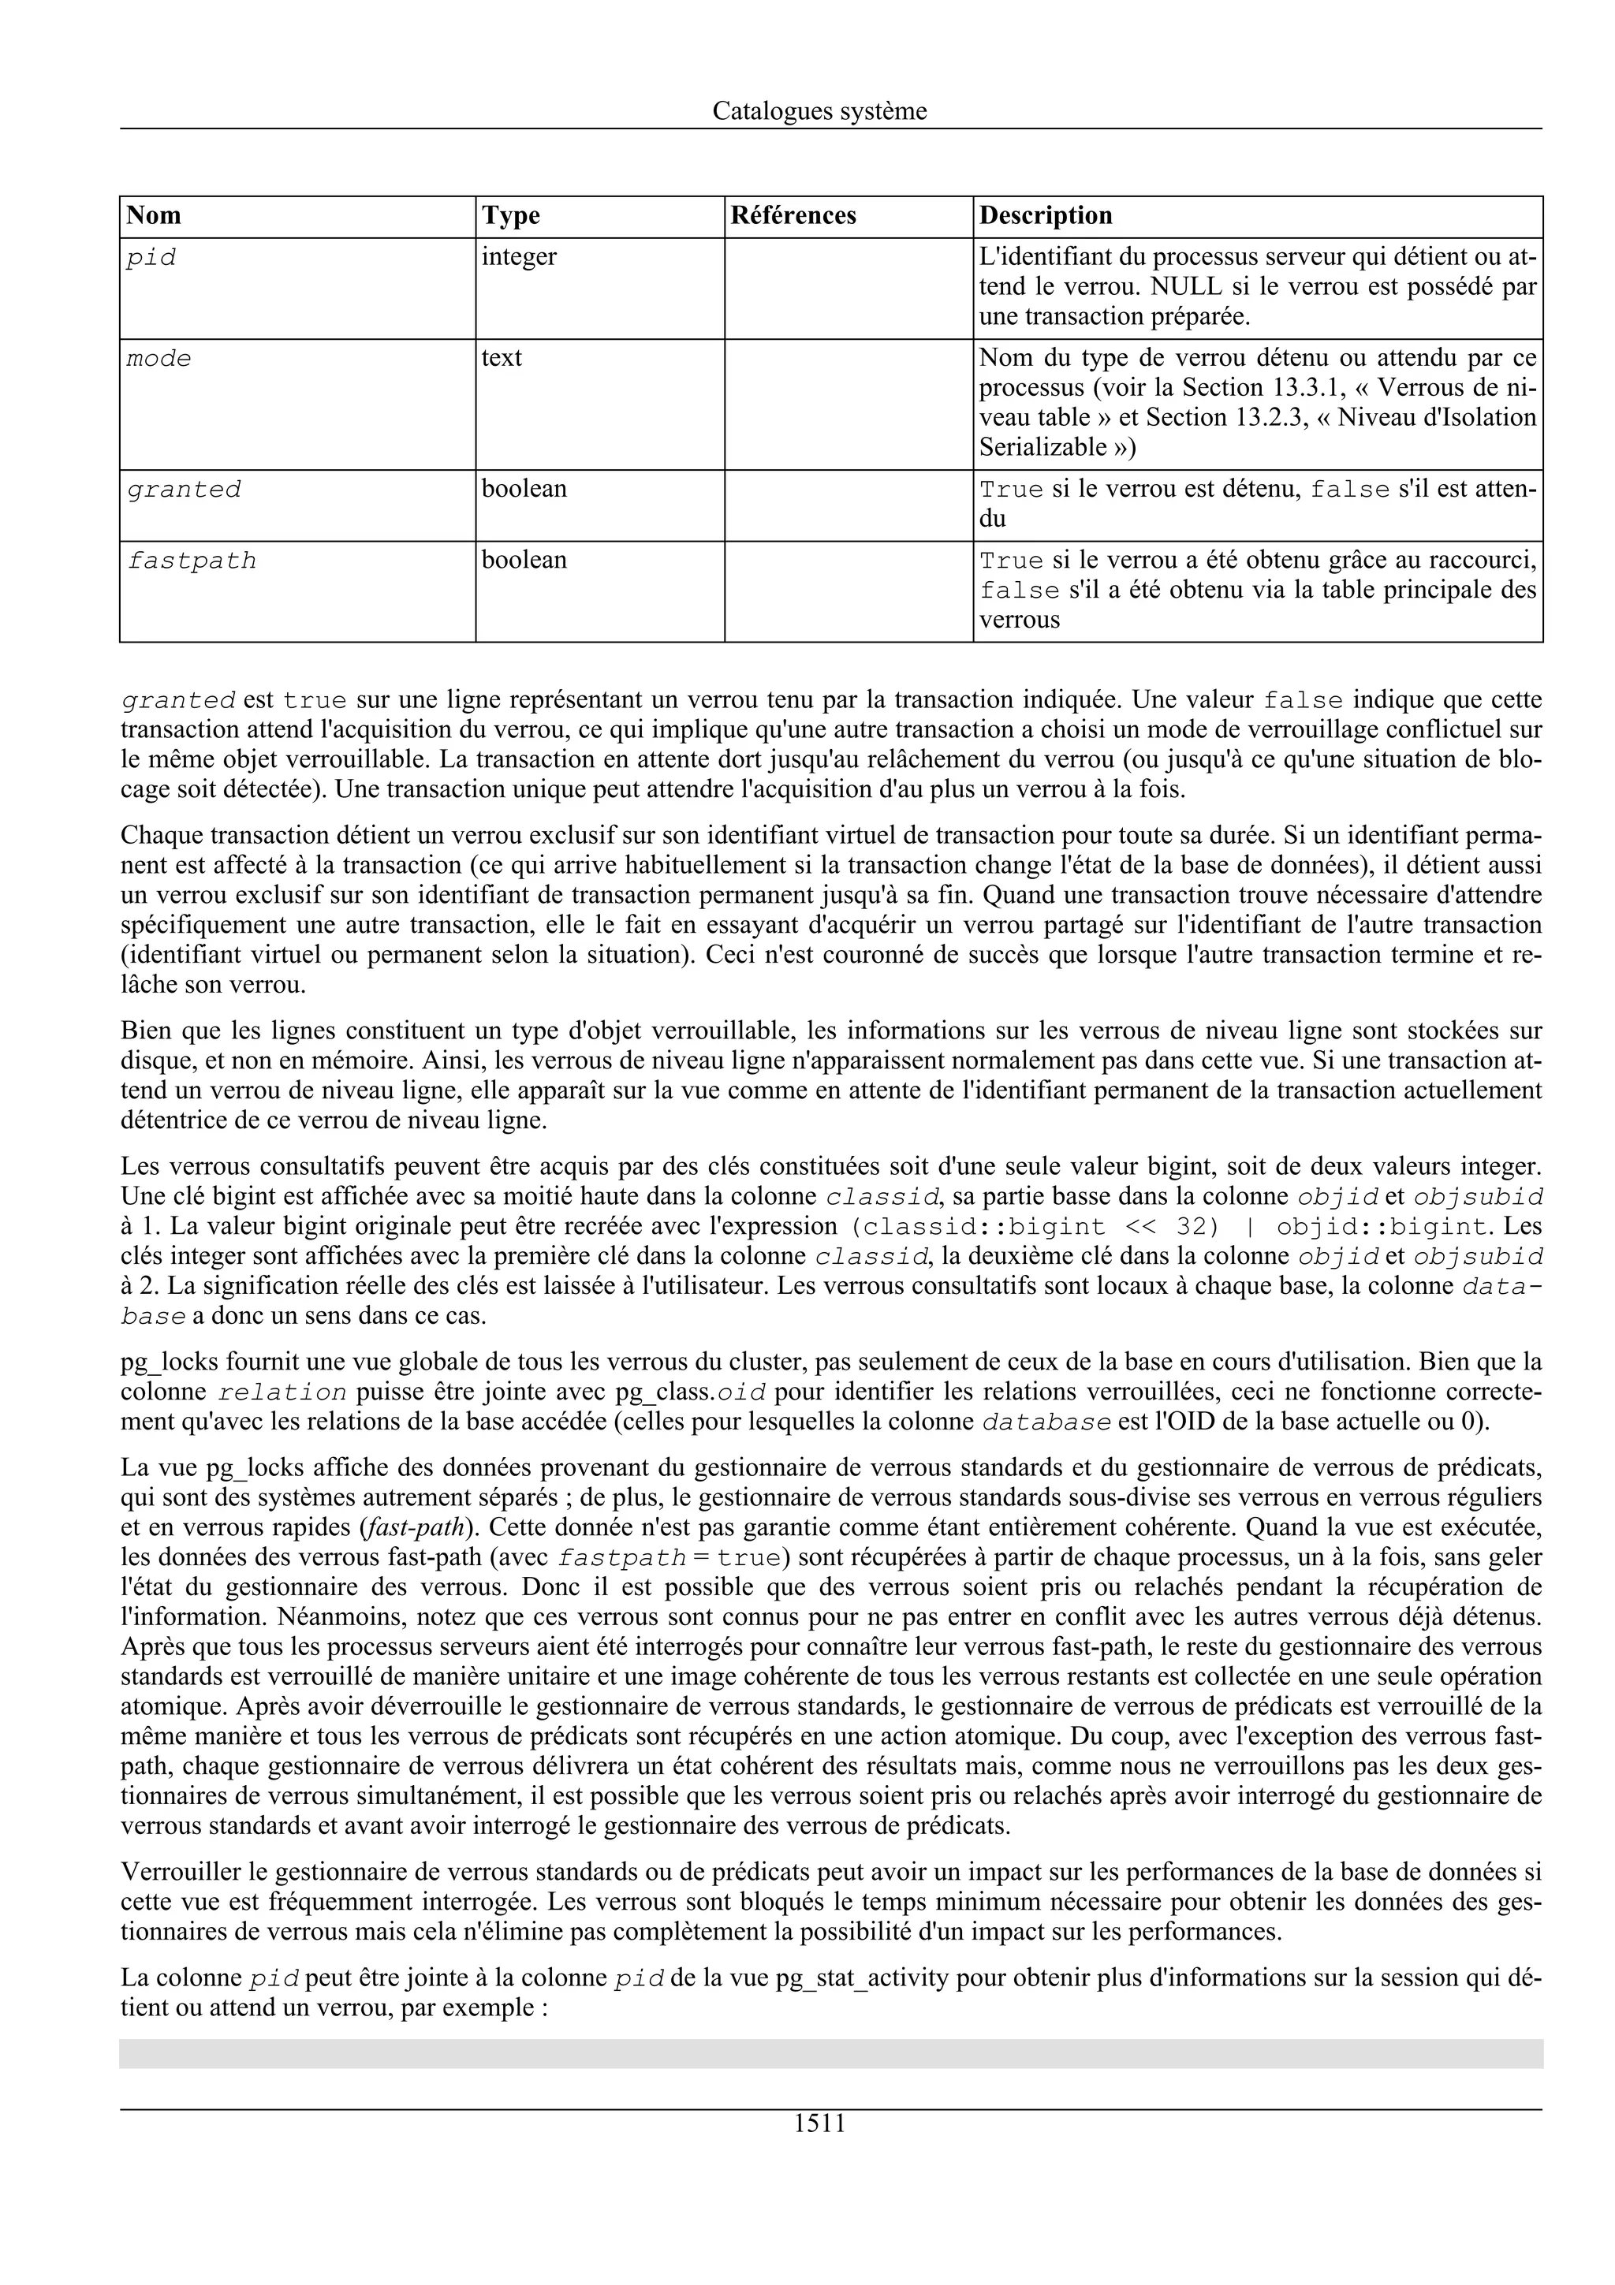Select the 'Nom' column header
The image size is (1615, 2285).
point(155,216)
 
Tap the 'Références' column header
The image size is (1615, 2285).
point(793,216)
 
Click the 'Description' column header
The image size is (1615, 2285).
point(1045,216)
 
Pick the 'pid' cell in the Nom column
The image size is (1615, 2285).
point(151,258)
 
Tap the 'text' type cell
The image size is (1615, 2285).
point(502,358)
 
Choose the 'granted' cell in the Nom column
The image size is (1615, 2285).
point(183,490)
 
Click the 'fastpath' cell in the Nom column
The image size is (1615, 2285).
point(191,561)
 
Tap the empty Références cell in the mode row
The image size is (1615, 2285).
point(848,403)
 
